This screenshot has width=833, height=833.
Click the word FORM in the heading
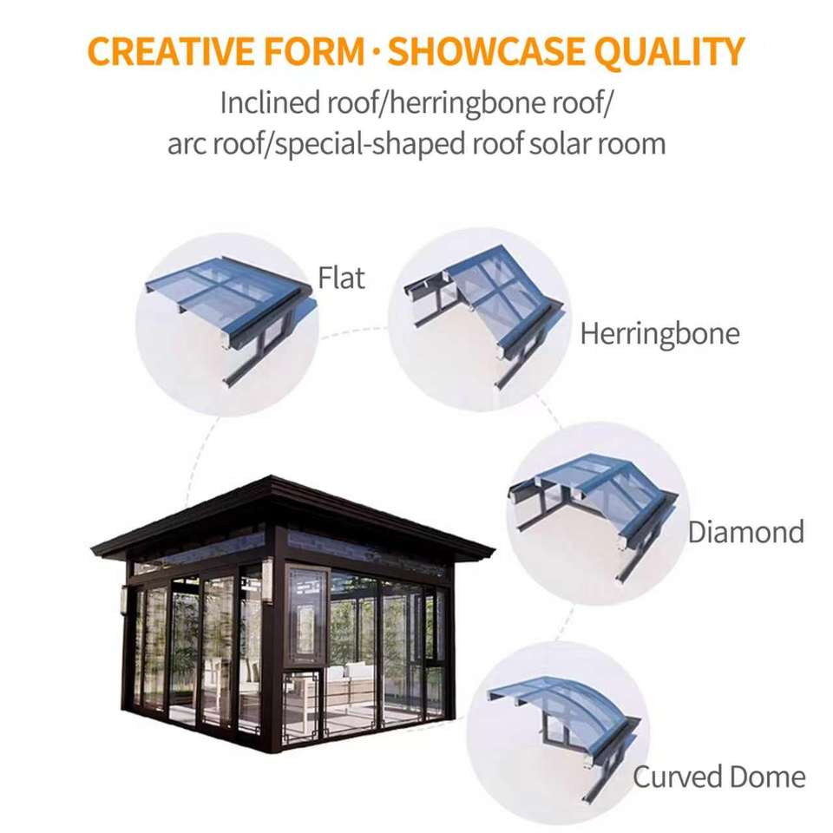coord(314,51)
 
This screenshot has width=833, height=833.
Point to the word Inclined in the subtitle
coord(269,102)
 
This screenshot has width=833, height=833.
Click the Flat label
coord(341,278)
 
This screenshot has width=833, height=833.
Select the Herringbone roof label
coord(659,334)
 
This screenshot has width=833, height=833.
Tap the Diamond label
coord(746,532)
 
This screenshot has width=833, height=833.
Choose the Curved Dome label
coord(718,777)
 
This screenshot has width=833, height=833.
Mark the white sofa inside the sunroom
coord(350,680)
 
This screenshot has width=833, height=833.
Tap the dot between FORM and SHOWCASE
coord(376,51)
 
